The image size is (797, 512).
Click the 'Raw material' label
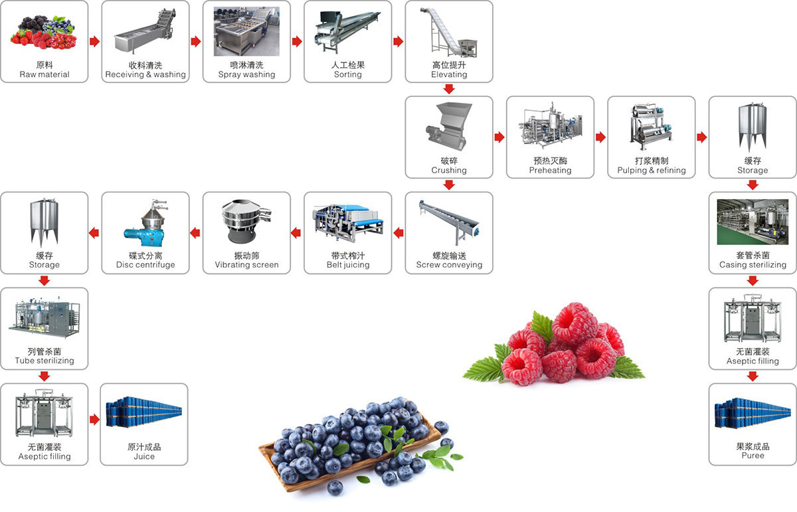click(44, 74)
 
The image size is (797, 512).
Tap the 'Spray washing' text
click(246, 74)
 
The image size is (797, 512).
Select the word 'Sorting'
click(347, 74)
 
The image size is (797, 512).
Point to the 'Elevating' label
click(449, 74)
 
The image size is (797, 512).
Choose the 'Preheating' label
click(550, 170)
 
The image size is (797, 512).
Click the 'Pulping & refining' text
click(652, 170)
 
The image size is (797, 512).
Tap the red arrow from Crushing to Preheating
click(499, 137)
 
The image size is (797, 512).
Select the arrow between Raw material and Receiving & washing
click(94, 41)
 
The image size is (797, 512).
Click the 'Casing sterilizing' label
click(753, 265)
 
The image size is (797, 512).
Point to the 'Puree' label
click(753, 456)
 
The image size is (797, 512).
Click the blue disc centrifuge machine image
click(145, 223)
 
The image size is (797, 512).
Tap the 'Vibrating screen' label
click(246, 265)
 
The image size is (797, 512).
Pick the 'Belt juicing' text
click(348, 265)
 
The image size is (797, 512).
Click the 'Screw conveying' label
click(449, 265)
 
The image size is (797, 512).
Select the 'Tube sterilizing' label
click(44, 361)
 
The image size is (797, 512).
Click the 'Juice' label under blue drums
click(144, 456)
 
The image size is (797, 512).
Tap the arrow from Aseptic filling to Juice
click(94, 420)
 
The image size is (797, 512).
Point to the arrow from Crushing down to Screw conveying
click(449, 185)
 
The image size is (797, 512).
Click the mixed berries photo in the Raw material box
click(44, 33)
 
